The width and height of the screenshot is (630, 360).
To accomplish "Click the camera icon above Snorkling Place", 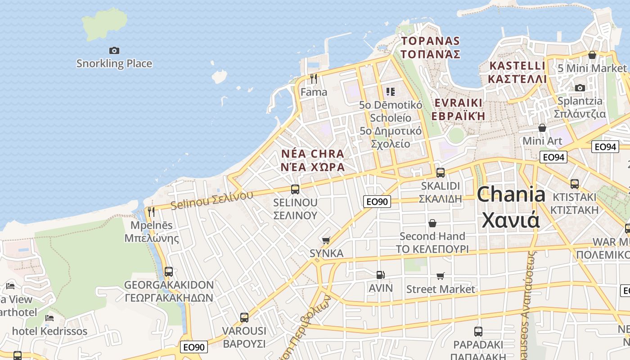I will pos(114,50).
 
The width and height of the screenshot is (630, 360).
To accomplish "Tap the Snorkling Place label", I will pos(114,63).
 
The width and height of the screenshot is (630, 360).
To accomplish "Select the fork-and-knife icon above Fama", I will pos(314,79).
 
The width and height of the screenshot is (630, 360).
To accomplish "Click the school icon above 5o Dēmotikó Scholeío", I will pos(391,92).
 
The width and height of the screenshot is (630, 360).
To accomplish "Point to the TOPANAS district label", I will pos(430,41).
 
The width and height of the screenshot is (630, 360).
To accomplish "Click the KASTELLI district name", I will pos(517,66).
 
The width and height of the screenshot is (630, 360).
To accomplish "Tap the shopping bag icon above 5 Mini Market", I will pos(592,55).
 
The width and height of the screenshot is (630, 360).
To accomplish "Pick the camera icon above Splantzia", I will pos(580,88).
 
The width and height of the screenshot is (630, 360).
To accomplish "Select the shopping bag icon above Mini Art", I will pos(542,128).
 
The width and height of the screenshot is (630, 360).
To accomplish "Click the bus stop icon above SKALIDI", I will pos(441,172).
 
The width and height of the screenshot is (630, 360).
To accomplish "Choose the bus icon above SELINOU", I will pos(295,189).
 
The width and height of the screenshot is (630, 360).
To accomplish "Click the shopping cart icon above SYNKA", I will pos(326,240).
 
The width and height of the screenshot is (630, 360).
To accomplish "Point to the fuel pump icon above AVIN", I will pos(380,274).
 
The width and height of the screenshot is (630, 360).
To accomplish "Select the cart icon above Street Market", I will pos(440,276).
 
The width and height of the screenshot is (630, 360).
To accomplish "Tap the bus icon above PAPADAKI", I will pos(478,332).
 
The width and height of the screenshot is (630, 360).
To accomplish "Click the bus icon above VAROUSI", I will pos(244,318).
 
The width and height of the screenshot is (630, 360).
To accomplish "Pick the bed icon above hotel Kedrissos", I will pos(49,318).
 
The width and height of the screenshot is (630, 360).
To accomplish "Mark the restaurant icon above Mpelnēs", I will pos(151,211).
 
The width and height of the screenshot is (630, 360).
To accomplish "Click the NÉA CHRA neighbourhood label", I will pos(313,154).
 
